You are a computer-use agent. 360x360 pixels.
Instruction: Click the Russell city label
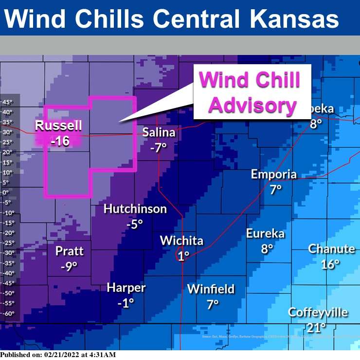click(x=58, y=126)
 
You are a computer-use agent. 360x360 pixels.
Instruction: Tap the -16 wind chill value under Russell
click(x=59, y=141)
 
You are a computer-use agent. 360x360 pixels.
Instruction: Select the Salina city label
click(x=159, y=132)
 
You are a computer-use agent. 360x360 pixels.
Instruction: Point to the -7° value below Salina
click(x=158, y=147)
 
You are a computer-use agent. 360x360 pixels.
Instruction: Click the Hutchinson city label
click(x=135, y=209)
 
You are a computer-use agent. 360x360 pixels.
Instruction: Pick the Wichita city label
click(x=181, y=240)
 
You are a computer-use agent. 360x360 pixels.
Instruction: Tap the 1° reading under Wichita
click(x=183, y=256)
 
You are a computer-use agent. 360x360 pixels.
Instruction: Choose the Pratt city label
click(x=69, y=251)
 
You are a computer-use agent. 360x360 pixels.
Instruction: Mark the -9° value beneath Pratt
click(x=69, y=267)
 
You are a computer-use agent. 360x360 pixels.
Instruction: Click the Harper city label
click(x=126, y=288)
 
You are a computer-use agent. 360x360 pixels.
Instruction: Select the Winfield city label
click(x=211, y=289)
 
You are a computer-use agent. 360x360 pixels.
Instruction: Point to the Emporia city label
click(x=273, y=174)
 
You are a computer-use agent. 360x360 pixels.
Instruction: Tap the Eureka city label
click(x=265, y=234)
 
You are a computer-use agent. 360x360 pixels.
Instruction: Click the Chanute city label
click(x=331, y=249)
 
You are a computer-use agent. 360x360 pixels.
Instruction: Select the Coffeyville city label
click(x=318, y=312)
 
